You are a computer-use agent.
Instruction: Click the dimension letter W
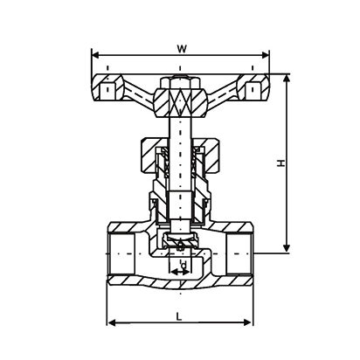182,49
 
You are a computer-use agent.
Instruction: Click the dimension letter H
280,163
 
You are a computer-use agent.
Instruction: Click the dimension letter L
179,316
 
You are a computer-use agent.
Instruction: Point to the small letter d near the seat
183,265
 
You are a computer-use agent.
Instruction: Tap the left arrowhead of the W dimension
96,55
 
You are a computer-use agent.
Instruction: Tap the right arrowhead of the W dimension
265,55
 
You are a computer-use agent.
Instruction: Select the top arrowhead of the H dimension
287,79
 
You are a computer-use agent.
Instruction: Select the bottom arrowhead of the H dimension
287,248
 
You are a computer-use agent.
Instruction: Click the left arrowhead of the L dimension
112,322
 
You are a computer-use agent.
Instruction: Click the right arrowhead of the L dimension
247,322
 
